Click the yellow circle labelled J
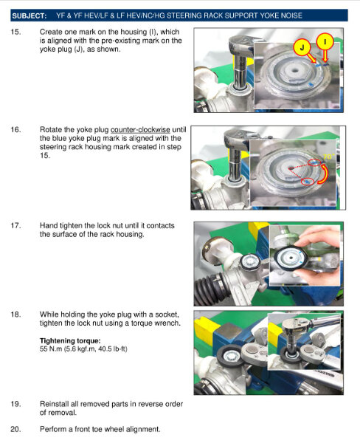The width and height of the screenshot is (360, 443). pyautogui.click(x=302, y=47)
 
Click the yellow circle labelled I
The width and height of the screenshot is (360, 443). pyautogui.click(x=325, y=42)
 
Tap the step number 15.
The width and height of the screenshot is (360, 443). pyautogui.click(x=15, y=32)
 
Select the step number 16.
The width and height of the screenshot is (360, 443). pyautogui.click(x=15, y=130)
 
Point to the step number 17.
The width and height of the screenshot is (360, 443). pyautogui.click(x=15, y=226)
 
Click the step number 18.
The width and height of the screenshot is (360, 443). pyautogui.click(x=15, y=315)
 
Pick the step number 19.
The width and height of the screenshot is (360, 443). pyautogui.click(x=15, y=404)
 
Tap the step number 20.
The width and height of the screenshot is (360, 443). pyautogui.click(x=15, y=429)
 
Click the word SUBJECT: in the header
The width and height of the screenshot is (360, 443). pyautogui.click(x=30, y=16)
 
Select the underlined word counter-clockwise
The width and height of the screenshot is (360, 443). pyautogui.click(x=140, y=130)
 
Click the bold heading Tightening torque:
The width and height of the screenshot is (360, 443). pyautogui.click(x=70, y=340)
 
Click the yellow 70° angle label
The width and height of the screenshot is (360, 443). pyautogui.click(x=328, y=157)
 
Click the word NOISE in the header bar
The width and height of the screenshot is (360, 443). pyautogui.click(x=291, y=16)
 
